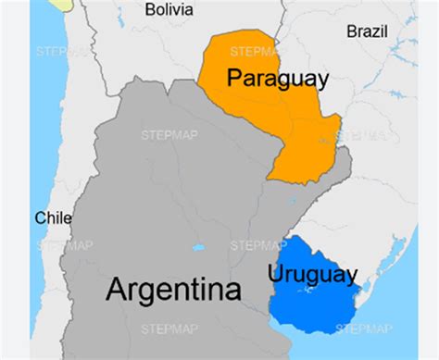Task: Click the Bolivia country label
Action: pos(169,9)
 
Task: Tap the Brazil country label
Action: pos(368,31)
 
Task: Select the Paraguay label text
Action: pos(277,79)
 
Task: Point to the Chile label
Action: pos(53,218)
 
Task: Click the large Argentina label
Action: pos(174,289)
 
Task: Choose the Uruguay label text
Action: pos(312,275)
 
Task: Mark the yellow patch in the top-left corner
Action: pos(61,4)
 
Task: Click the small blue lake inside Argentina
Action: pos(197,248)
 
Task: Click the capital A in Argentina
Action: pos(117,289)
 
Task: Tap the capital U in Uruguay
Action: pos(275,274)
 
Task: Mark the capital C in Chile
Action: pos(40,218)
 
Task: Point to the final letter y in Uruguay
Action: pos(351,277)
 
